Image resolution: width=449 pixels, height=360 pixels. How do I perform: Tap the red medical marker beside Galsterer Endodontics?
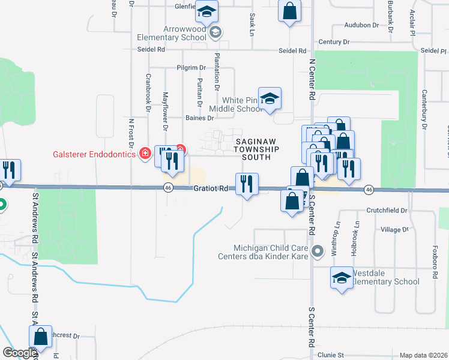pyautogui.click(x=145, y=154)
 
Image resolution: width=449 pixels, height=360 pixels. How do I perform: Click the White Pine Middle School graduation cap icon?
pyautogui.click(x=270, y=98)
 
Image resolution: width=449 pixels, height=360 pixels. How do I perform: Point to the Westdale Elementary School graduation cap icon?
pyautogui.click(x=342, y=278)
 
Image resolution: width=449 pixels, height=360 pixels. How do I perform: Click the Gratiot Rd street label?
pyautogui.click(x=211, y=188)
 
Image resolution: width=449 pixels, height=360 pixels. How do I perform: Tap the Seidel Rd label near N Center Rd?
pyautogui.click(x=292, y=51)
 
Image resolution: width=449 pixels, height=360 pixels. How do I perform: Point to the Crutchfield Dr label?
pyautogui.click(x=387, y=211)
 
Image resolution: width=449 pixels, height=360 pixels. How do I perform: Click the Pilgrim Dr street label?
pyautogui.click(x=191, y=68)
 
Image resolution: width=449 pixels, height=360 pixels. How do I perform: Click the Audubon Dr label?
pyautogui.click(x=361, y=25)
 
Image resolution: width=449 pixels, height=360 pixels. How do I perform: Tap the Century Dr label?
pyautogui.click(x=334, y=42)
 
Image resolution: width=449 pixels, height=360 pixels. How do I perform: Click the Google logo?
pyautogui.click(x=20, y=353)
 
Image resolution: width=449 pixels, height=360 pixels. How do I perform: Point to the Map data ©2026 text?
pyautogui.click(x=423, y=355)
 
